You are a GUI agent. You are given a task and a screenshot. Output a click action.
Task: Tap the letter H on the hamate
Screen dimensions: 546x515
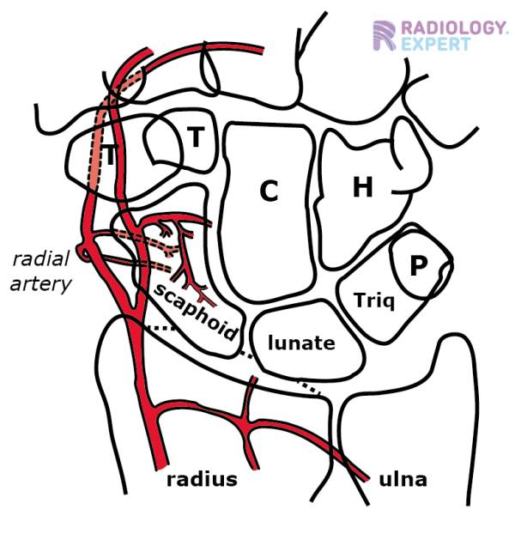(x=363, y=188)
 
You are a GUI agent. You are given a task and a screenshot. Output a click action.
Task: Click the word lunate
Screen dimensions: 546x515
(x=300, y=343)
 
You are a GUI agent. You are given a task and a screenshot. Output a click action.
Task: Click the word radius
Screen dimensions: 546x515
(x=201, y=479)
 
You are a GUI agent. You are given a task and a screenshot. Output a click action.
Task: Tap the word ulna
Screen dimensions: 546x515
(x=402, y=479)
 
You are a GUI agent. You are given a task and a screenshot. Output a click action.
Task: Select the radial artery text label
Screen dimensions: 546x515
(x=40, y=271)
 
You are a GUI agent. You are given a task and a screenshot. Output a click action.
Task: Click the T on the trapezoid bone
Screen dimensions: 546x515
(x=196, y=137)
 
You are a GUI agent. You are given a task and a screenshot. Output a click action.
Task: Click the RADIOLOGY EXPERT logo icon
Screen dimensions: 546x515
(x=384, y=35)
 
